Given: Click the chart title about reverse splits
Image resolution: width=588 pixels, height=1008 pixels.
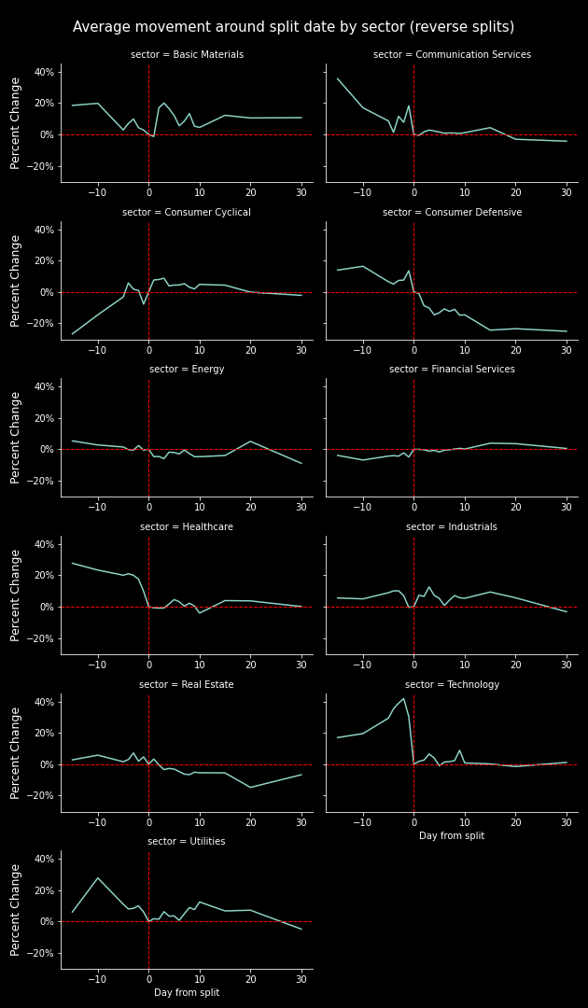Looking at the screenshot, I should coord(293,28).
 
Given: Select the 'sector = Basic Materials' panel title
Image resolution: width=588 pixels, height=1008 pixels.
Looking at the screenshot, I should coord(187,55).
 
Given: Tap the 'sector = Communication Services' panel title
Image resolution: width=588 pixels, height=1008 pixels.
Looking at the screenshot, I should coord(452,55).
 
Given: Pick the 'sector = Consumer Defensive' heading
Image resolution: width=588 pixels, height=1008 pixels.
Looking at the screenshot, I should coord(452,213).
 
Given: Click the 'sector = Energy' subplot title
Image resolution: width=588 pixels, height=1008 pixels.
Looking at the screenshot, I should coord(187,370).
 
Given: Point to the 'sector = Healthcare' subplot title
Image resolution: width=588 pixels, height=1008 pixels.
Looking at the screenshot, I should coord(187,527).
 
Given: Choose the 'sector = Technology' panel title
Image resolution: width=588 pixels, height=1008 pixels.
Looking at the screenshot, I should coord(452,685).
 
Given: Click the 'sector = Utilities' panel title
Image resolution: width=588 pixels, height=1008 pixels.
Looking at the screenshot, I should coord(187,842).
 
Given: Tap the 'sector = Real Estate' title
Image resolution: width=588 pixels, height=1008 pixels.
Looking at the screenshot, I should coord(187,685).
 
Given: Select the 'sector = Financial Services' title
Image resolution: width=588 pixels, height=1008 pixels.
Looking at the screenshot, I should coord(452,370).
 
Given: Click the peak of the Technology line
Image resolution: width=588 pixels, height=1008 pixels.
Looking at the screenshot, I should coord(404,698).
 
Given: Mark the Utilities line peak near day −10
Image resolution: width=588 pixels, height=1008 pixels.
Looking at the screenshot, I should coord(98,877).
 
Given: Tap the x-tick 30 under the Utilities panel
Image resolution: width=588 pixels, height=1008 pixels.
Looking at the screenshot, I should coord(301,978).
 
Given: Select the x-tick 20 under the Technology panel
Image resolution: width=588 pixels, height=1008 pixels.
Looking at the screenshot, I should coord(515,821).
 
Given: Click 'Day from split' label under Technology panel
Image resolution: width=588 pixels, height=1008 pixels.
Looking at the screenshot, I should coord(452,836).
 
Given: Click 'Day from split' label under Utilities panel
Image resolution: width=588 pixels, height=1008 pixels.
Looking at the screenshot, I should coord(187,993).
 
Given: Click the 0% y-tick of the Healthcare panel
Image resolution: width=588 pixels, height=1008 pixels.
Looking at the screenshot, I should coord(47,607).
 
